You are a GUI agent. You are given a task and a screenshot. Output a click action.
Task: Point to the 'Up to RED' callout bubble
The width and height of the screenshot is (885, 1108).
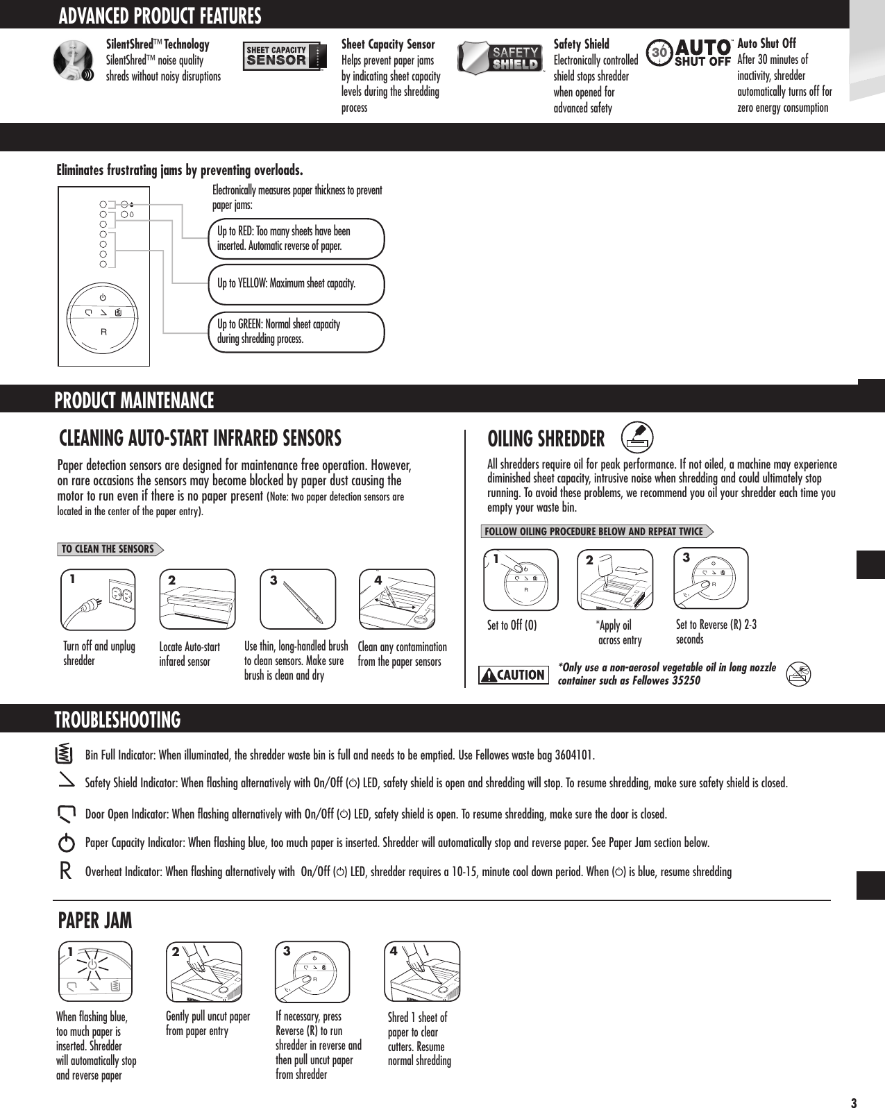click(297, 239)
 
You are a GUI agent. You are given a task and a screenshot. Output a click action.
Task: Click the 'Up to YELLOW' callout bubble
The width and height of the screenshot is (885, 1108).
click(297, 284)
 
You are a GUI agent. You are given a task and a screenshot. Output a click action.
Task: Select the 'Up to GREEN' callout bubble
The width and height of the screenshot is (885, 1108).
click(297, 332)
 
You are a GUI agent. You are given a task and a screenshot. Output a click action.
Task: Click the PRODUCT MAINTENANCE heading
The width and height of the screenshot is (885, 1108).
click(135, 401)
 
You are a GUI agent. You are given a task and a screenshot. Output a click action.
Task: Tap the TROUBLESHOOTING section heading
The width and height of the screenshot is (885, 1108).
click(118, 720)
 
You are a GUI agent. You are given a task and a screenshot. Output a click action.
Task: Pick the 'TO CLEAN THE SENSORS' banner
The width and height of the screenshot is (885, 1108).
click(110, 549)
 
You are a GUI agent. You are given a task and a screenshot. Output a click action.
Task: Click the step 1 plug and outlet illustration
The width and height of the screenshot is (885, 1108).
click(99, 599)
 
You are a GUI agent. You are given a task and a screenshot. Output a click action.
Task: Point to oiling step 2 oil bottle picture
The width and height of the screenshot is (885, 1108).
click(615, 580)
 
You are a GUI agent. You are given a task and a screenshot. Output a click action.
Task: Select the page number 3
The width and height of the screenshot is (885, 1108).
click(854, 1102)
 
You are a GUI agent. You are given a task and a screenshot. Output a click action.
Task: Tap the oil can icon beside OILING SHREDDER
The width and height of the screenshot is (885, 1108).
click(636, 437)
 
